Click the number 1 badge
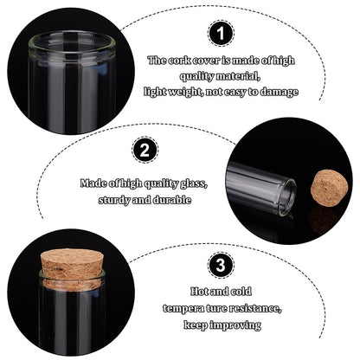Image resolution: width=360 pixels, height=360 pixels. [221, 33]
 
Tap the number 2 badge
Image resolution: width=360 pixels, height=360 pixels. [145, 150]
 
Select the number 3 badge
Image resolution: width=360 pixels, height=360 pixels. [221, 265]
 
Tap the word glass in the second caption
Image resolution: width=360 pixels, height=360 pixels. [194, 184]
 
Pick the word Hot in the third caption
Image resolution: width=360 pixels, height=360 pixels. [200, 292]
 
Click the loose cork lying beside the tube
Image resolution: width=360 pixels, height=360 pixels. [329, 188]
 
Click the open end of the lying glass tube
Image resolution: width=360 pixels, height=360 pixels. [287, 196]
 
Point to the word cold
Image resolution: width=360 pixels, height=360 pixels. [241, 292]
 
